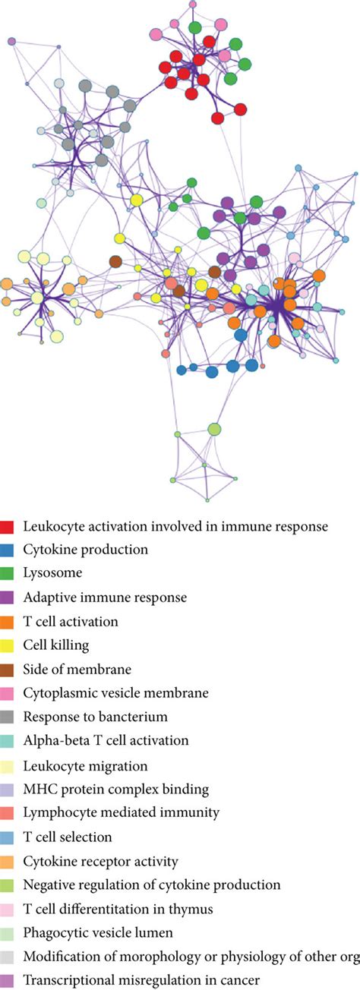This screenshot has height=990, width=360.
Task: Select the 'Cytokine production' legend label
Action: (85, 549)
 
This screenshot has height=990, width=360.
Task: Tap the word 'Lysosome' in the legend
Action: (47, 573)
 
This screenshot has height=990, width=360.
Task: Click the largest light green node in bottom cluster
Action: (214, 430)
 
